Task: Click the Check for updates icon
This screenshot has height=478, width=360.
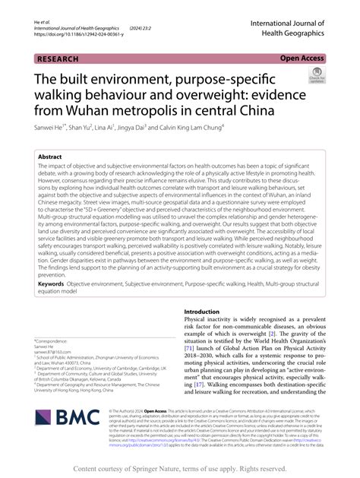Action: point(315,76)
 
